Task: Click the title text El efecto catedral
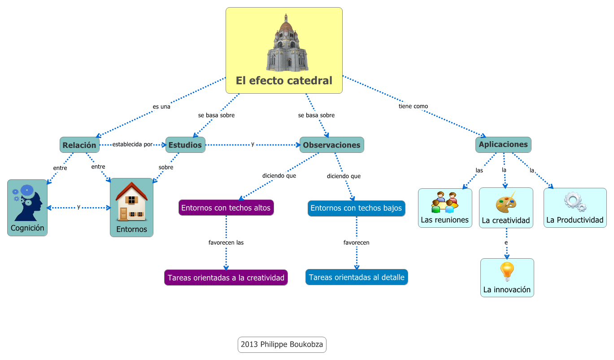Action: coord(284,81)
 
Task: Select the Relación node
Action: coord(79,145)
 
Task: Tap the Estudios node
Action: coord(185,145)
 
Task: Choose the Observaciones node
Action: coord(331,145)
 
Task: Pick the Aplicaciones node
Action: coord(503,144)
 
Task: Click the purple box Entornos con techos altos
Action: coord(226,208)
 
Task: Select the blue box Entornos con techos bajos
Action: coord(356,208)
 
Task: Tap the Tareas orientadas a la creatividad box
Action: coord(226,278)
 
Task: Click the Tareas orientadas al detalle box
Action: coord(357,277)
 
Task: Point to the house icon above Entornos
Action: coord(131,202)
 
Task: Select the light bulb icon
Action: coord(507,271)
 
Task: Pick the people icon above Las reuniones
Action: coord(444,202)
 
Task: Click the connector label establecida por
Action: coord(132,144)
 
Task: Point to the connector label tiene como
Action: coord(413,106)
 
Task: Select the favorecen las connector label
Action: coord(226,243)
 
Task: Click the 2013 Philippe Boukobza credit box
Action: coord(282,345)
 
